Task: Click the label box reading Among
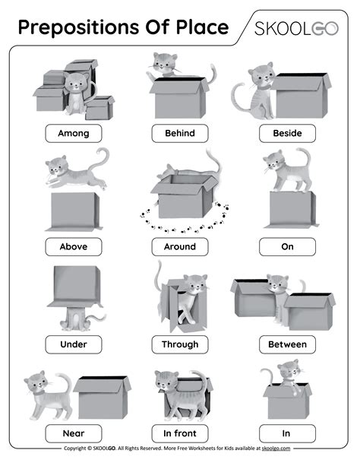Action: pos(74,134)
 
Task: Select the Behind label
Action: pos(180,134)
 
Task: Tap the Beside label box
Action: pos(287,134)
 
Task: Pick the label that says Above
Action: pos(74,246)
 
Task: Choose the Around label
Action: pos(180,246)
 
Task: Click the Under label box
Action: pos(74,344)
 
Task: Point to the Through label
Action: pos(180,344)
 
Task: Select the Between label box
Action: pos(287,344)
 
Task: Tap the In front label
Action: pos(180,433)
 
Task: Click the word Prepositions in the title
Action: pos(79,27)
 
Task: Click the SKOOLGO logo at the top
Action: pos(296,29)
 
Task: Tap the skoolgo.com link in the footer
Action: pos(276,449)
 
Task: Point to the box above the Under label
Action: pos(75,287)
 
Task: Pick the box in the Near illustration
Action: pos(102,398)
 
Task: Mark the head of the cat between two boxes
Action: pos(278,284)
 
